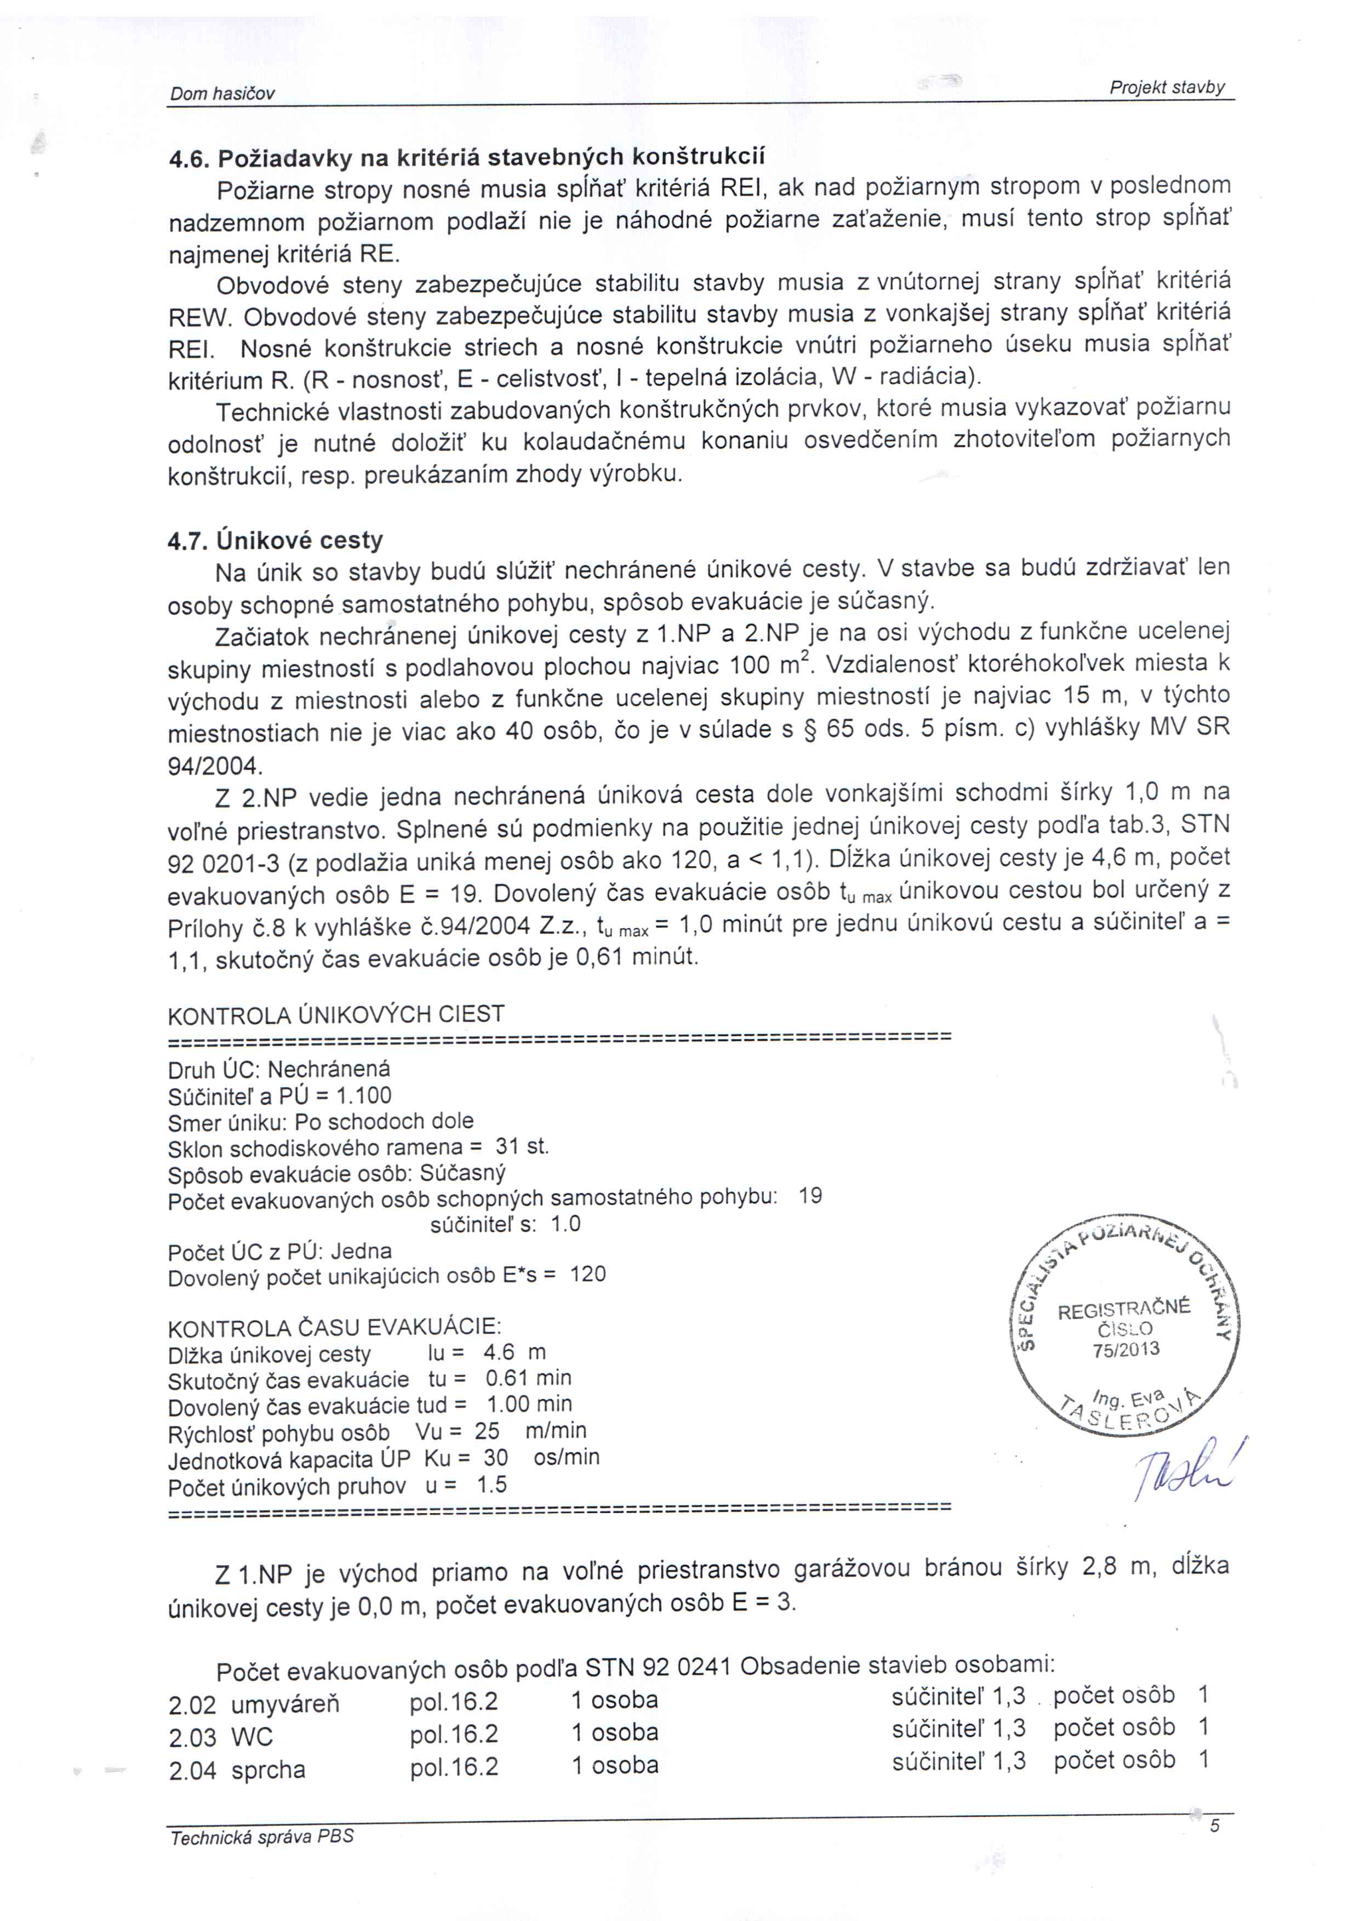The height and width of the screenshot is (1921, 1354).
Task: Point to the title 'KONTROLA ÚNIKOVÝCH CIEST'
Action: tap(336, 1015)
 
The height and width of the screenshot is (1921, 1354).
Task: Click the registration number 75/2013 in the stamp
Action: tap(1126, 1349)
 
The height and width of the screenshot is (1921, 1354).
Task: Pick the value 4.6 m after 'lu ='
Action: tap(513, 1352)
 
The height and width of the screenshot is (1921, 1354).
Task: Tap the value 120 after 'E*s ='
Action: tap(588, 1274)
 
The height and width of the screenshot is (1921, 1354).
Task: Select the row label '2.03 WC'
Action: tap(221, 1738)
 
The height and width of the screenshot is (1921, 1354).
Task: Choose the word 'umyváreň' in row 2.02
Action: tap(285, 1704)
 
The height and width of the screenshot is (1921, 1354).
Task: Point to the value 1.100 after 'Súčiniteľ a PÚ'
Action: tap(363, 1095)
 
